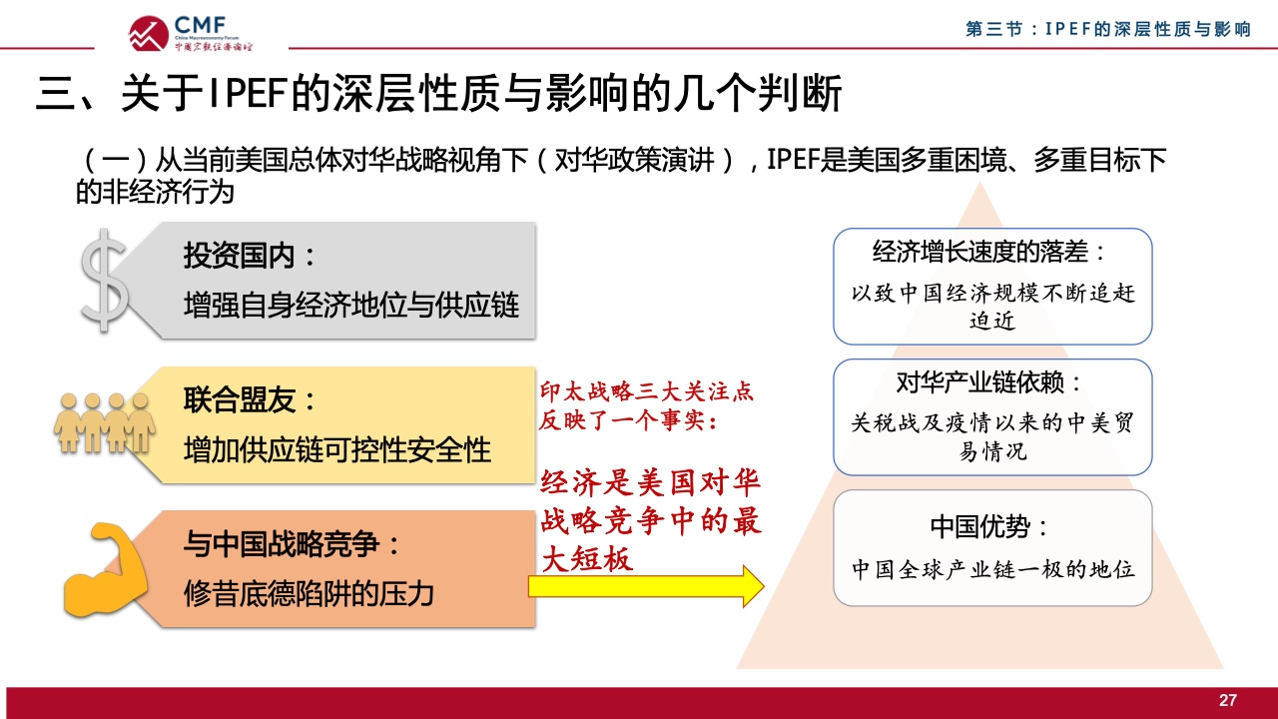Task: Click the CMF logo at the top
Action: point(190,33)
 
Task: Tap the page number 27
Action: point(1228,700)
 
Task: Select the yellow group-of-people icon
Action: point(105,422)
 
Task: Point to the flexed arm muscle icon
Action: point(105,569)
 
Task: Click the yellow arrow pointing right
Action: point(646,586)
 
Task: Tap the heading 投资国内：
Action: point(250,255)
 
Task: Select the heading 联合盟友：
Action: point(250,400)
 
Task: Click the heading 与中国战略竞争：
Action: point(292,544)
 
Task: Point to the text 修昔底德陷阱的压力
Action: point(309,593)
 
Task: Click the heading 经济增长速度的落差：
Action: point(989,252)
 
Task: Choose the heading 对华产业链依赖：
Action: point(989,382)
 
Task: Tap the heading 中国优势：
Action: point(989,526)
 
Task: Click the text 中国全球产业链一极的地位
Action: point(992,569)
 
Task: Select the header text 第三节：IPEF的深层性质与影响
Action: point(1108,29)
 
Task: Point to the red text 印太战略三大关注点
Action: point(647,391)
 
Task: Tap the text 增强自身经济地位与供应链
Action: point(350,305)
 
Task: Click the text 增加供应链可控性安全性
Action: point(337,450)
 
